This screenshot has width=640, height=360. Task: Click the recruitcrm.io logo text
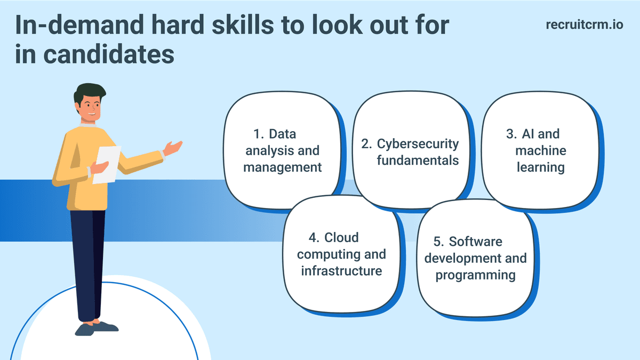tap(585, 25)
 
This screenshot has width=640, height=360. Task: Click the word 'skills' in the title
tap(243, 25)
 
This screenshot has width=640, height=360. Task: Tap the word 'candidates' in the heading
tap(109, 54)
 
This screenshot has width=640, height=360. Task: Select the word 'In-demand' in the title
tap(79, 25)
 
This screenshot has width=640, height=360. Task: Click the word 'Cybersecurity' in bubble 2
tap(418, 144)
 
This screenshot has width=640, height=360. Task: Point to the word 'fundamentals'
tap(418, 161)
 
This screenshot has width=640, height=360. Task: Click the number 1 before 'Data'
tap(258, 134)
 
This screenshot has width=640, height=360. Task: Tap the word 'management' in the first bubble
tap(282, 167)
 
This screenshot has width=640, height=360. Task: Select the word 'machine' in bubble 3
tap(541, 150)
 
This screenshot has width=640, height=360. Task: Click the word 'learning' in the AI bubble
tap(541, 167)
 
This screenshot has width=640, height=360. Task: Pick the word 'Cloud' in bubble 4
tap(341, 237)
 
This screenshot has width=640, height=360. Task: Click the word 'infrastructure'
tap(341, 271)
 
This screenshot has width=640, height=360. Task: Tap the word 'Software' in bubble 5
tap(475, 242)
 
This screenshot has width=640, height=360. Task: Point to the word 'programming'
tap(475, 275)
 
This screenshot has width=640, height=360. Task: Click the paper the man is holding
tap(107, 165)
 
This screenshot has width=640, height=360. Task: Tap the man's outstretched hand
tap(173, 148)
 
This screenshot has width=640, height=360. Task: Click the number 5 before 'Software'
tap(438, 242)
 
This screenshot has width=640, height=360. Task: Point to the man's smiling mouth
tap(92, 114)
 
